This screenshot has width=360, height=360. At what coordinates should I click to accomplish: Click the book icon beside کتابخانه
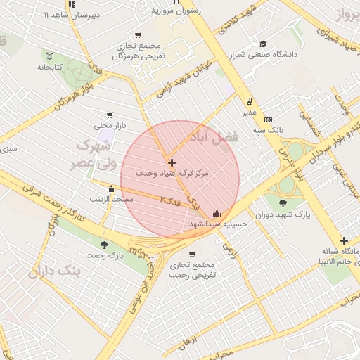(x=49, y=56)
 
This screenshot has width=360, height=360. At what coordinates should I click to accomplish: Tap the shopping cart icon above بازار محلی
(x=109, y=115)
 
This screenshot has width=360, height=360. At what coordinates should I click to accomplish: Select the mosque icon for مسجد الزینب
(x=111, y=188)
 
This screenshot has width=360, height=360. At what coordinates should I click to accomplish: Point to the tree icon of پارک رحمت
(x=104, y=245)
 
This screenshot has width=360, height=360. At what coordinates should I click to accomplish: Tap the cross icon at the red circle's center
(x=172, y=162)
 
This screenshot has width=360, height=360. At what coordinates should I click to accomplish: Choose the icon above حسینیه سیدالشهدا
(x=217, y=213)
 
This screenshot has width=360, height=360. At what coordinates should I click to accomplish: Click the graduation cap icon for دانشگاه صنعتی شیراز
(x=263, y=44)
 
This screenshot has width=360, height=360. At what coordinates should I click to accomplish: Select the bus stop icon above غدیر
(x=248, y=101)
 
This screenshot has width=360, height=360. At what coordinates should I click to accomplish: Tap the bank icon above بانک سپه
(x=268, y=120)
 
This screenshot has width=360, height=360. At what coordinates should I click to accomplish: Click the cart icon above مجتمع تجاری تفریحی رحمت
(x=193, y=254)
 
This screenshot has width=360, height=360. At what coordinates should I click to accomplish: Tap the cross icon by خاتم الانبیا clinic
(x=343, y=241)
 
